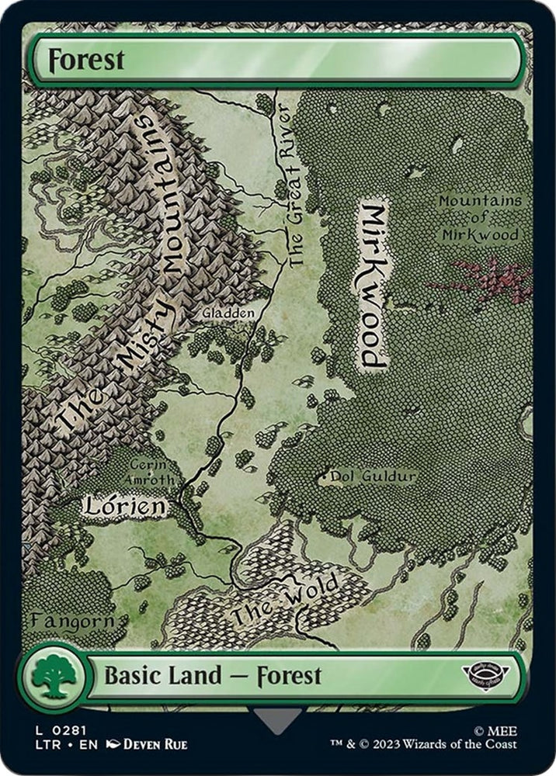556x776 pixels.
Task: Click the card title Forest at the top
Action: click(86, 60)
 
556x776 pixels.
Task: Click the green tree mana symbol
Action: click(54, 676)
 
